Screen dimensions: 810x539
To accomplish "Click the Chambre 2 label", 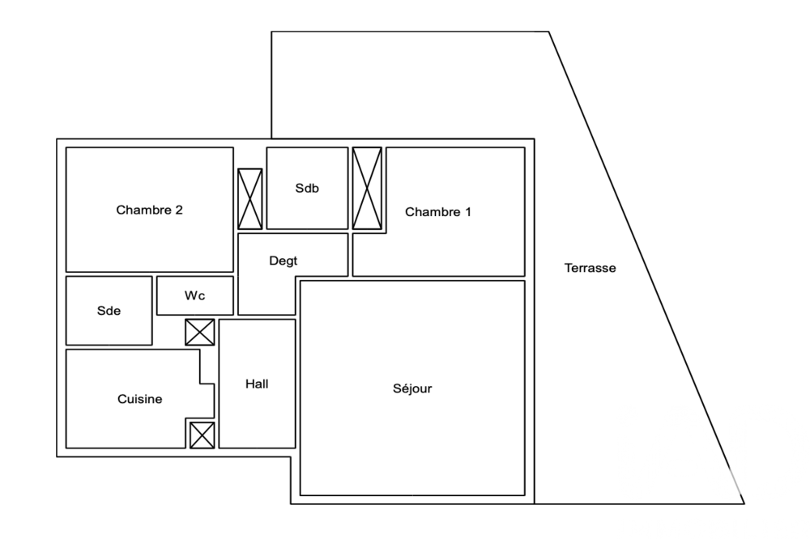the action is point(149,210).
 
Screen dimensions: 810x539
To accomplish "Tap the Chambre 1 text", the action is point(438,212).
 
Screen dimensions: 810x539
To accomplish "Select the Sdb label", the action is point(307,189).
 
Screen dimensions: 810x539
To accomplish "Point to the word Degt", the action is point(283,261).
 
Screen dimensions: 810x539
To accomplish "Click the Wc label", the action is point(194,296).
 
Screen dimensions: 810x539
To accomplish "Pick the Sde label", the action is point(109,311).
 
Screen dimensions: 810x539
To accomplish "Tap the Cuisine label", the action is point(140,399).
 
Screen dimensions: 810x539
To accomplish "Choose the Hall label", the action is point(257,384).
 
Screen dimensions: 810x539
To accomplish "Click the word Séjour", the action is point(412,388).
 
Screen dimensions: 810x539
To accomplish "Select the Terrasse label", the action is point(590,268).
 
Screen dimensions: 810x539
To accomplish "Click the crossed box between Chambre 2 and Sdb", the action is point(250,199).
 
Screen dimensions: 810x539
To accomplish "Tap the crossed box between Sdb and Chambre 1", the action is point(367,189).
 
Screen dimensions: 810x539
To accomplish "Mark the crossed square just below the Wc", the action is point(200,332).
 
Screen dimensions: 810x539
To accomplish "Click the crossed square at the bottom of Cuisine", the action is point(202,435).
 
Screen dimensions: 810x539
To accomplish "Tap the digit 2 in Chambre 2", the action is point(179,210).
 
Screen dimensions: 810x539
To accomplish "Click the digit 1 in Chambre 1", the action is point(468,212).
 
